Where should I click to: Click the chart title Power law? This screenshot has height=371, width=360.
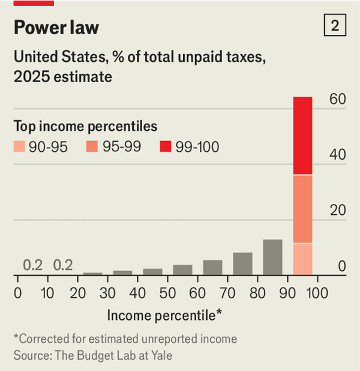56,28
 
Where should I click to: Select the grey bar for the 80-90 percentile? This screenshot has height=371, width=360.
272,257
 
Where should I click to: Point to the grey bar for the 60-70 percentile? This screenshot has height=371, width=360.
212,267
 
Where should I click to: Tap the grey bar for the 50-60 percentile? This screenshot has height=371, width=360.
182,270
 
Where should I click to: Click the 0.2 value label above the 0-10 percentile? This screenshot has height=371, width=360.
32,265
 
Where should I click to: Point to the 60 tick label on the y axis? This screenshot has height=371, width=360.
338,100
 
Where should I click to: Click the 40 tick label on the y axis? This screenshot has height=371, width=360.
338,155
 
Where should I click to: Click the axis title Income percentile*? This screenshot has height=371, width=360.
165,315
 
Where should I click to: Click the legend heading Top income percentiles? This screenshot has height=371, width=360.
85,127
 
